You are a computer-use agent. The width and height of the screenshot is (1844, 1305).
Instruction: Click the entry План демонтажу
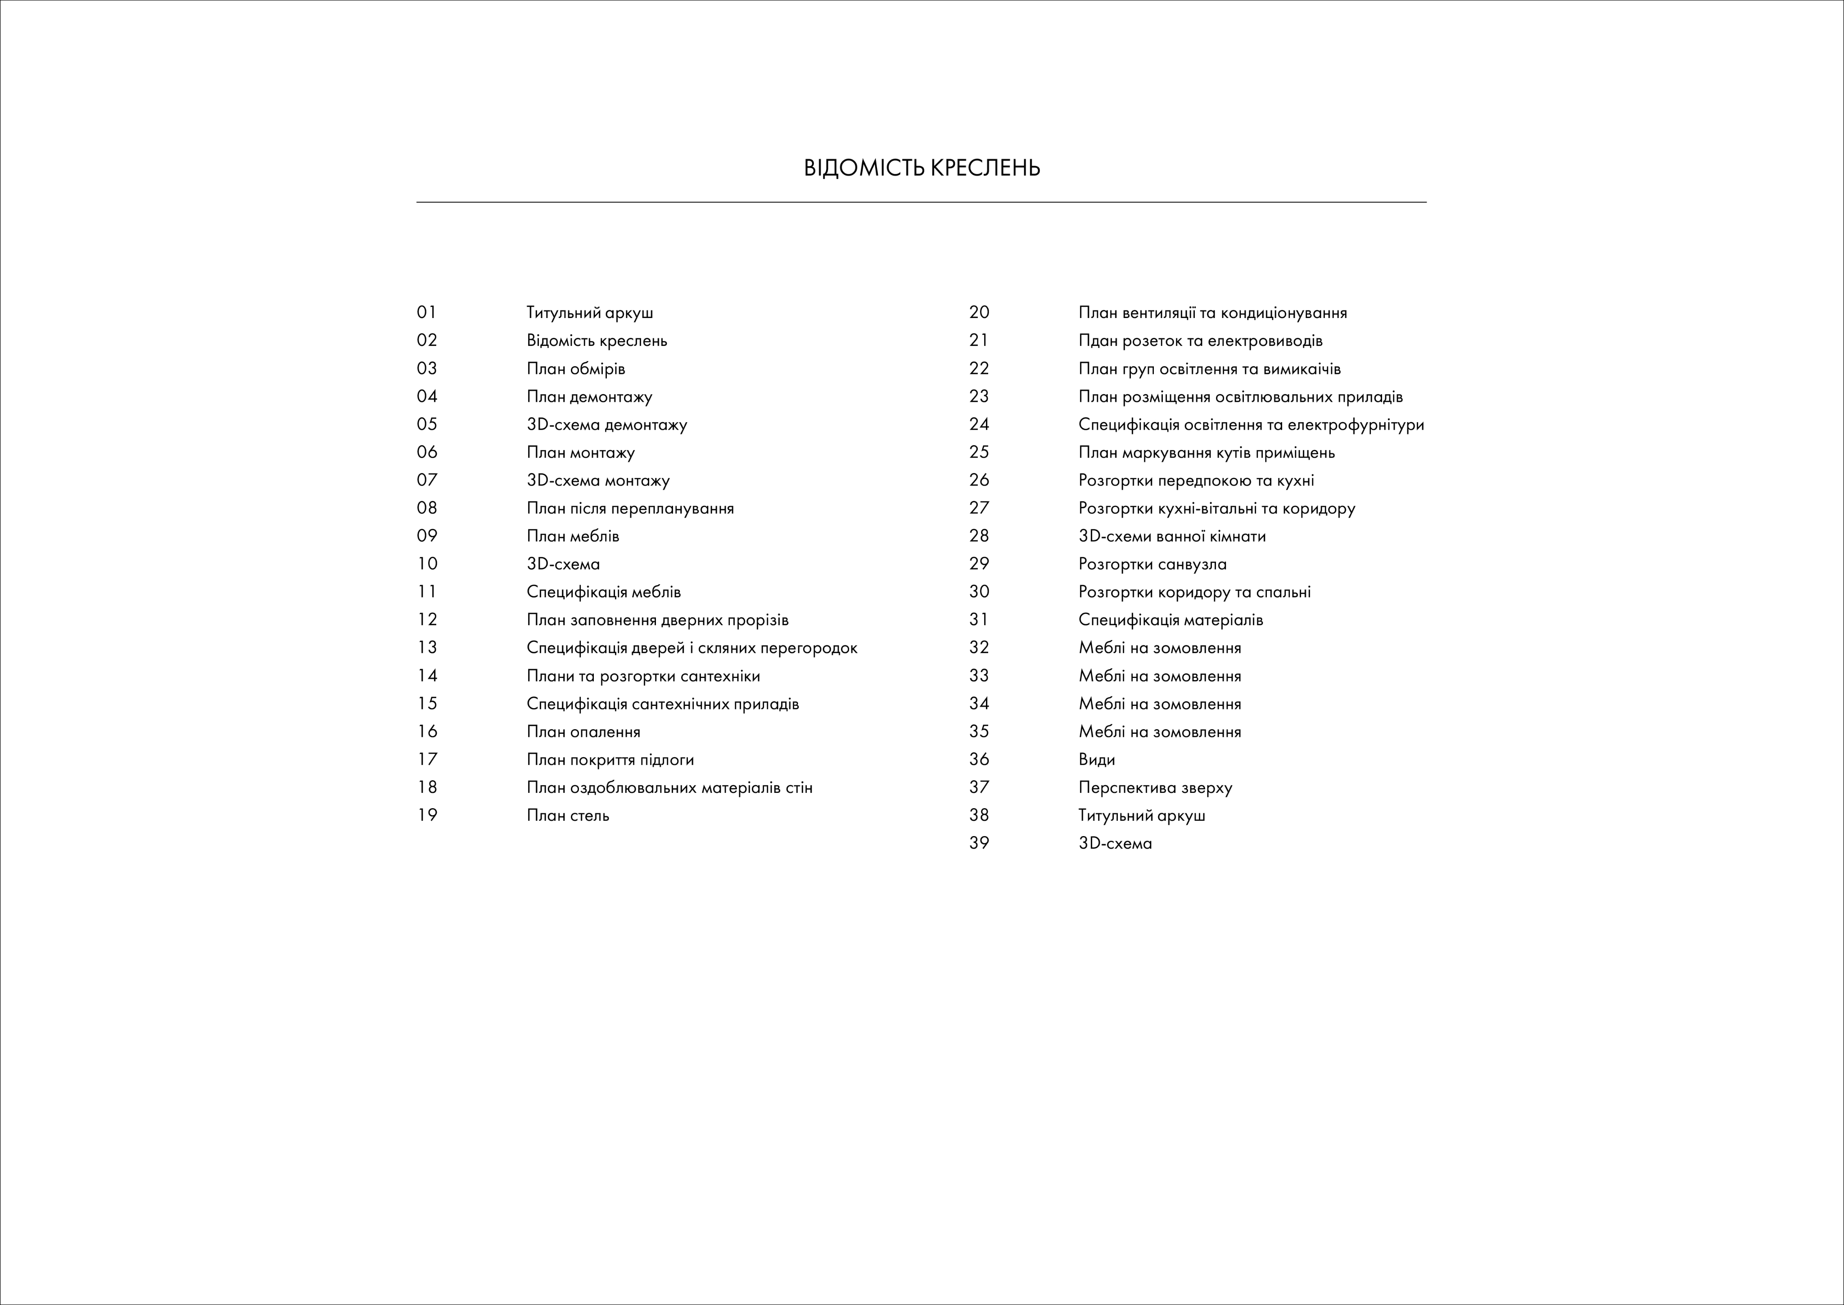coord(589,397)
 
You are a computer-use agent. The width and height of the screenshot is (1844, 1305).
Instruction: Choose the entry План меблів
coord(573,536)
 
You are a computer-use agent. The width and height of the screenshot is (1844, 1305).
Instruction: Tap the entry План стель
coord(568,816)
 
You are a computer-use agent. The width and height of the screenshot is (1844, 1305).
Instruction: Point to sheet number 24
coord(979,424)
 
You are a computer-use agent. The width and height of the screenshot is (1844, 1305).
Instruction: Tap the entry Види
coord(1096,759)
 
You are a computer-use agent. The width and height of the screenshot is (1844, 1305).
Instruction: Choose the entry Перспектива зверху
coord(1154,787)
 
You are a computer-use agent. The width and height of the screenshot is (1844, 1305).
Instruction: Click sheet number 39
coord(979,843)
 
